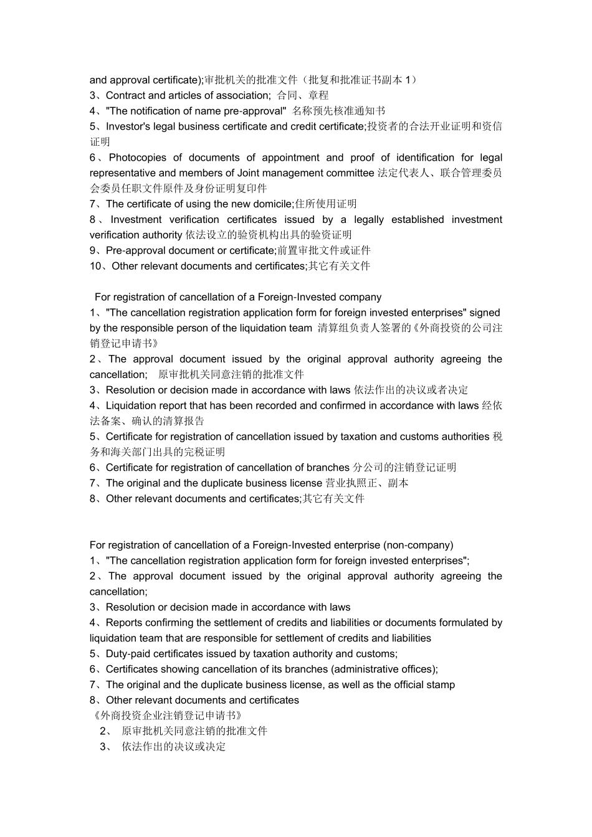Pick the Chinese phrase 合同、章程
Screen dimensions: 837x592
point(303,95)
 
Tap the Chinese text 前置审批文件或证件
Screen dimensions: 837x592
point(324,250)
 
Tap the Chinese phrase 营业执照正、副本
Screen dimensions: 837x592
point(366,483)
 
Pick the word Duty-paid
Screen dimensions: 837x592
point(128,654)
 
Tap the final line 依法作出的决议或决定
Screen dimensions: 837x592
point(173,747)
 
